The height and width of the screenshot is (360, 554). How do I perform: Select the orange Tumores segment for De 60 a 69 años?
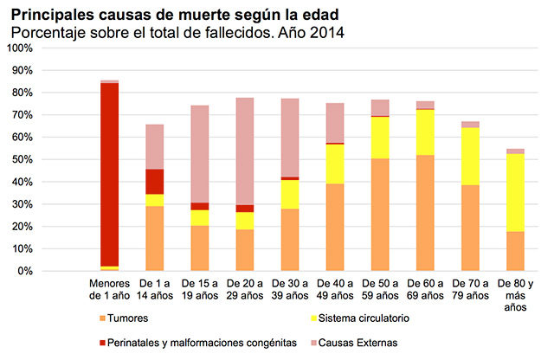pos(424,213)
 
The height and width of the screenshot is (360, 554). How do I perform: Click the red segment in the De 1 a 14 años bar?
pos(154,182)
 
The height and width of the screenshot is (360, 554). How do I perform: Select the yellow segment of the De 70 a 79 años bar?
pos(470,157)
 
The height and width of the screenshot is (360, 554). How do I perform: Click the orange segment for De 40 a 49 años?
pos(335,228)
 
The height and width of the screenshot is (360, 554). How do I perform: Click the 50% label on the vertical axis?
pos(20,159)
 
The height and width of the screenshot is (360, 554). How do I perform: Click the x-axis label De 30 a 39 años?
pos(290,289)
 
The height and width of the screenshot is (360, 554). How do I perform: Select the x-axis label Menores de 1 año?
pos(110,289)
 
